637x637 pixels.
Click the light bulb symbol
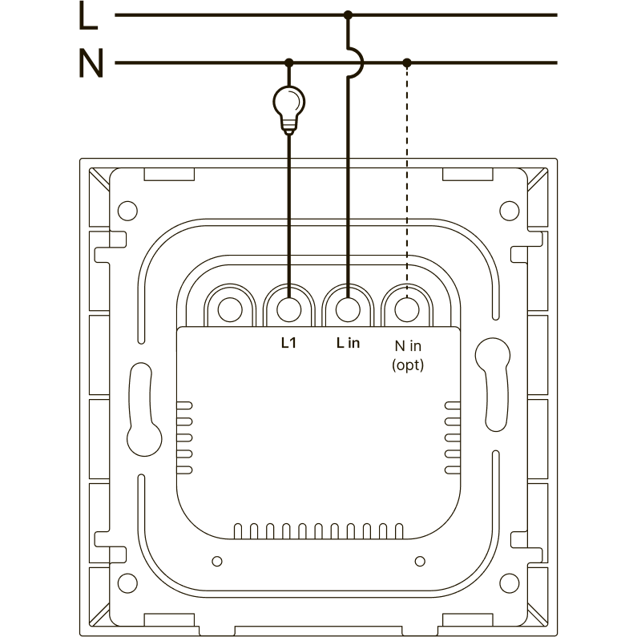click(x=288, y=103)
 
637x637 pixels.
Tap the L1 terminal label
click(x=288, y=343)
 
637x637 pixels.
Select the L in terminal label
click(x=348, y=343)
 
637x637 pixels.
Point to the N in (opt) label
click(x=407, y=353)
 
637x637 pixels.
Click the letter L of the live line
click(x=90, y=16)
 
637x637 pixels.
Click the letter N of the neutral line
click(x=91, y=64)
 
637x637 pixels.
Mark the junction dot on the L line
click(x=348, y=14)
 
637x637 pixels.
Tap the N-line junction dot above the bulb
click(x=288, y=62)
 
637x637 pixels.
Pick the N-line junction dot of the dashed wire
click(x=407, y=62)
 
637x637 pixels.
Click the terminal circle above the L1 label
click(x=288, y=308)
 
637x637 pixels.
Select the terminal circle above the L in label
click(x=348, y=308)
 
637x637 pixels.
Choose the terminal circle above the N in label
click(x=407, y=308)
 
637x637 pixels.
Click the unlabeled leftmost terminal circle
click(x=230, y=308)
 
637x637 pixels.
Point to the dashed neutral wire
click(x=407, y=176)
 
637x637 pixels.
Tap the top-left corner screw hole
click(x=127, y=212)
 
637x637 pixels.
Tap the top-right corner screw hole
click(x=510, y=212)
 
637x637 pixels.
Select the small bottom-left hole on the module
click(x=216, y=560)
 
